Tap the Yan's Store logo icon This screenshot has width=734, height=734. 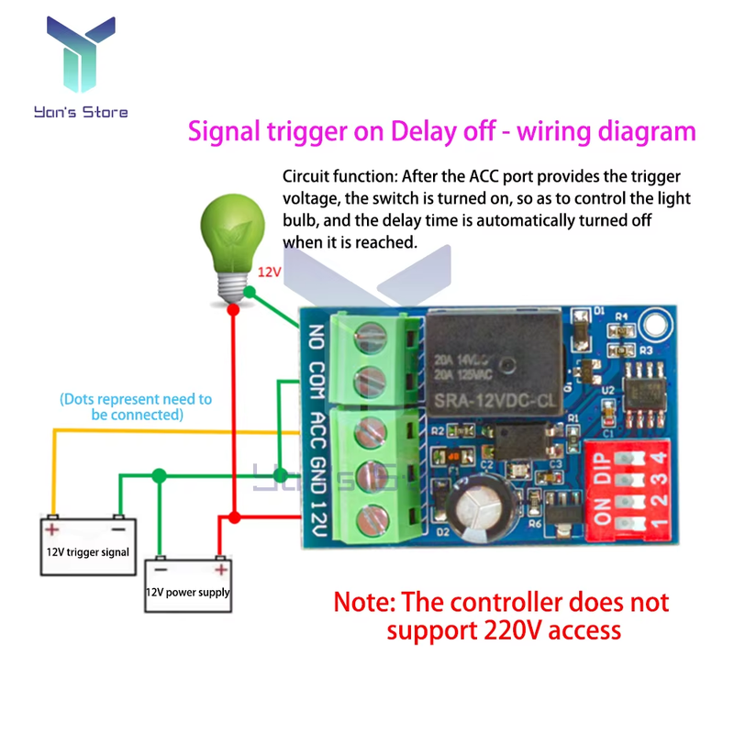click(82, 55)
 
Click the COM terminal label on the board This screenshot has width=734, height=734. click(317, 384)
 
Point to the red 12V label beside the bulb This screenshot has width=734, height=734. click(269, 272)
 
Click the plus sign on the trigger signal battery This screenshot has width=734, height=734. click(53, 528)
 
